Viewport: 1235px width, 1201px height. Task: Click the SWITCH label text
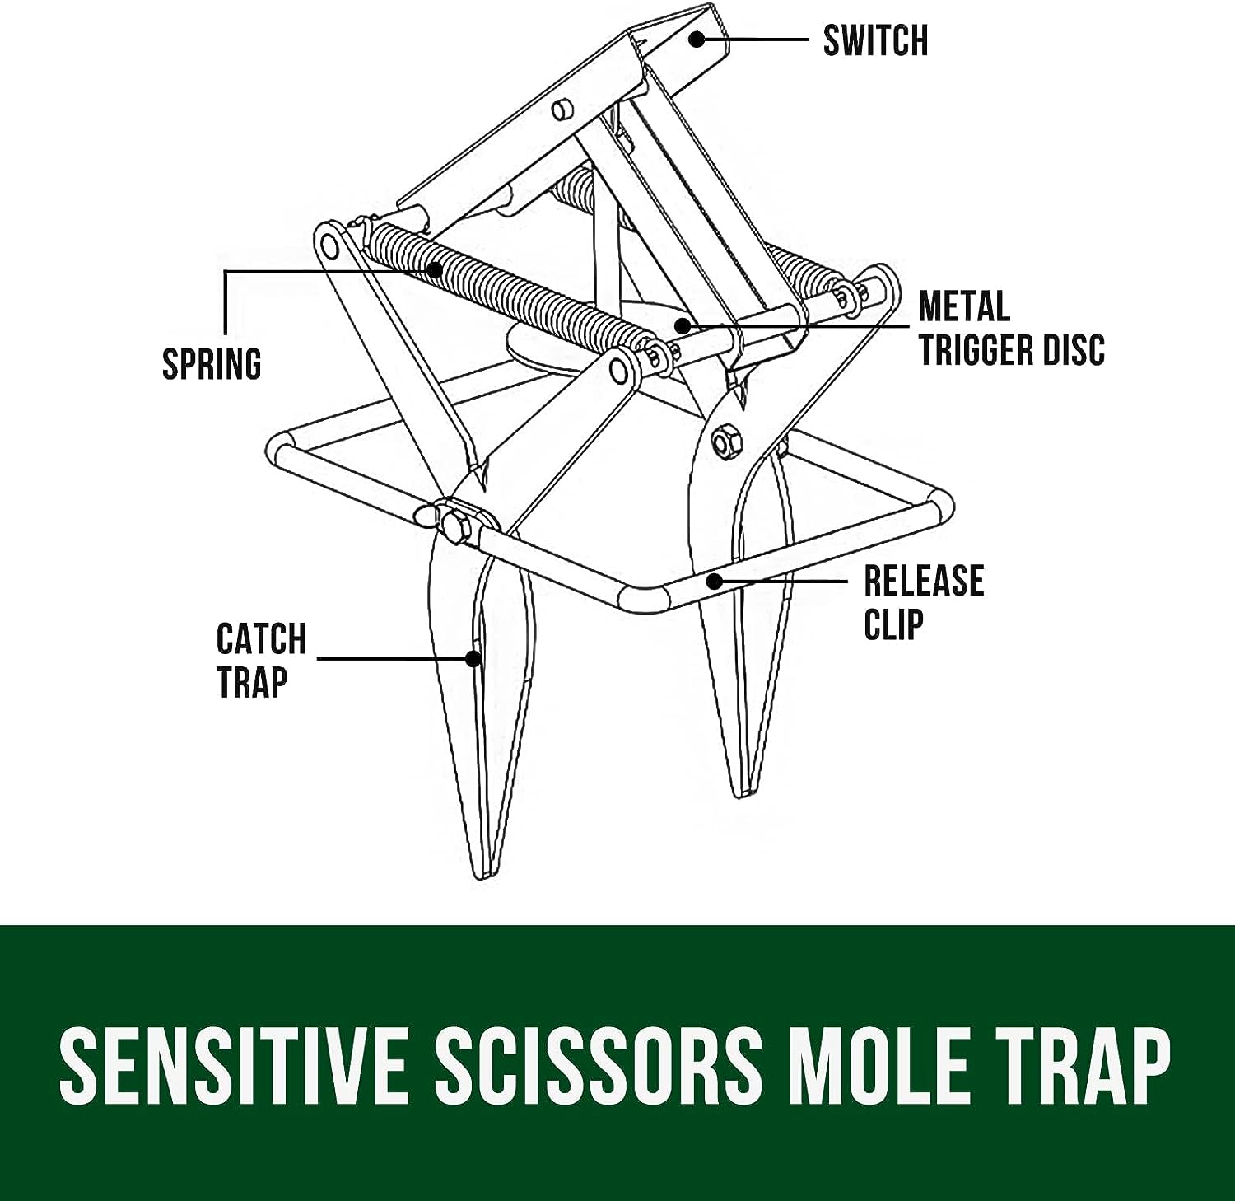[875, 40]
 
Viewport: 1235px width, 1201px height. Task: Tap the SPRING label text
[212, 364]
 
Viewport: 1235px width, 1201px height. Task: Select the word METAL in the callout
[964, 306]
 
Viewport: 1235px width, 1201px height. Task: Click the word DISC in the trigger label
[1073, 349]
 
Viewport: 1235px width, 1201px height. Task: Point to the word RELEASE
[924, 581]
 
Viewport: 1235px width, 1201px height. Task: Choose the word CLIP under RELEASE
[893, 624]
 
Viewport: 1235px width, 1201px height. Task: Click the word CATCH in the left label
[261, 638]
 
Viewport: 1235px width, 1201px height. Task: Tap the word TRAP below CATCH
[252, 682]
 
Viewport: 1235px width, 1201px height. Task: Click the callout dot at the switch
[697, 39]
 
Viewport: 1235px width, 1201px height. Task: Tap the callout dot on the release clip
[715, 581]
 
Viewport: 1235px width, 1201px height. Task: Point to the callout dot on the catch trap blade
[473, 658]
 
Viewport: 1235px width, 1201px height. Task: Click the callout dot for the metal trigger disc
[680, 325]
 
